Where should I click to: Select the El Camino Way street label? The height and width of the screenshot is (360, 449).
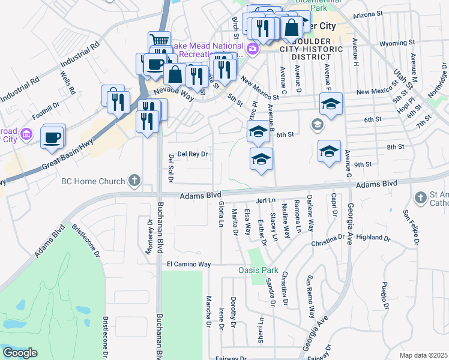click(x=188, y=264)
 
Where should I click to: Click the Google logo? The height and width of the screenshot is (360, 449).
click(x=19, y=353)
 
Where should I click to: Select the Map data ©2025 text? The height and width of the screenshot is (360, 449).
click(x=424, y=355)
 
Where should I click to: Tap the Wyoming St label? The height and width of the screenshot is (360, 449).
click(x=398, y=43)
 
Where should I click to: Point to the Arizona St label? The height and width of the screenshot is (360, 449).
click(x=368, y=14)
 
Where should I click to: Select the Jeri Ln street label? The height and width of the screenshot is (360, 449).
click(x=265, y=200)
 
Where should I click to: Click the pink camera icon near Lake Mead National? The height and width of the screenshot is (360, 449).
click(x=253, y=48)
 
